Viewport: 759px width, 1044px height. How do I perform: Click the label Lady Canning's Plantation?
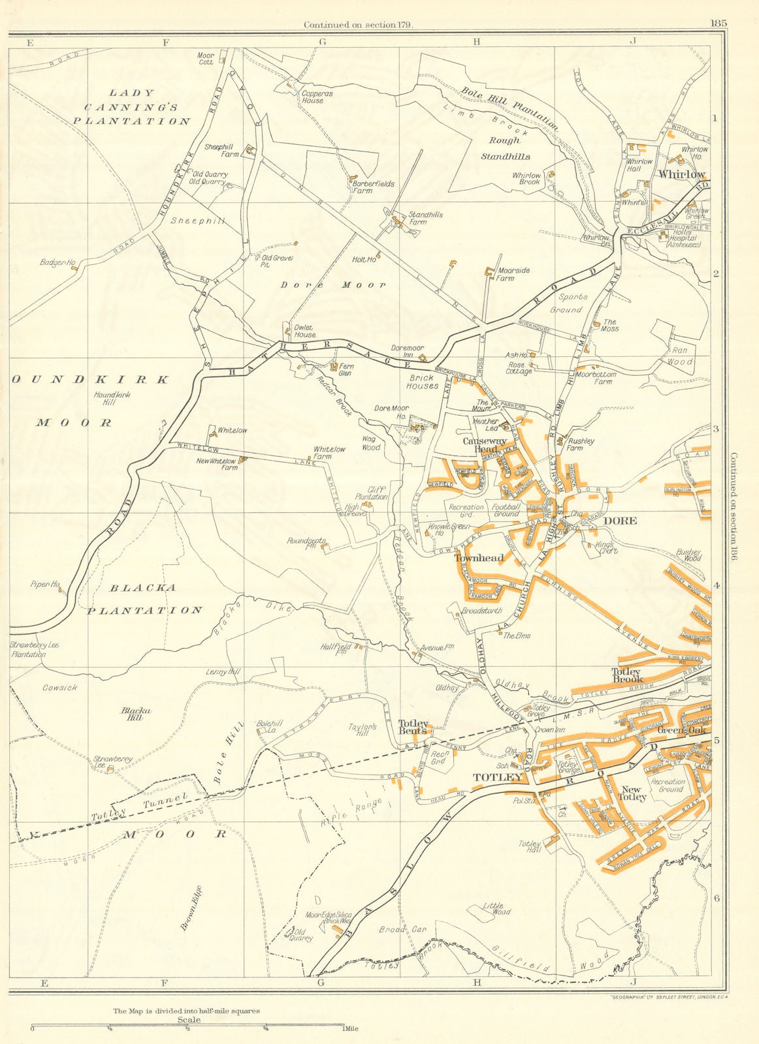pos(131,107)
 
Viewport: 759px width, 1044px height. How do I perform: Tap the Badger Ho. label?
pos(57,262)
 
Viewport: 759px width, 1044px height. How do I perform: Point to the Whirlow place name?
pos(682,174)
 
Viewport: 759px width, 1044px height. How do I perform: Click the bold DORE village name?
pos(620,521)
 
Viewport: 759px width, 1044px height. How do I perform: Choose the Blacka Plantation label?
pos(144,599)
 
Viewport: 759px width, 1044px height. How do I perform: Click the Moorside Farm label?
pos(514,274)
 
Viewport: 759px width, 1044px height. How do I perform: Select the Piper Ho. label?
pos(45,584)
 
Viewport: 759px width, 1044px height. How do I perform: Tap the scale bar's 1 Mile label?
pos(351,1029)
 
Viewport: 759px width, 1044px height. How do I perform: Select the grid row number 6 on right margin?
pos(716,898)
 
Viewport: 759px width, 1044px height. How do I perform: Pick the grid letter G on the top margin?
pos(321,42)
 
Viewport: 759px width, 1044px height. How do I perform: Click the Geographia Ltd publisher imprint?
pos(658,998)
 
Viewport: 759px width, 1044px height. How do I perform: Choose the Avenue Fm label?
pos(436,648)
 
